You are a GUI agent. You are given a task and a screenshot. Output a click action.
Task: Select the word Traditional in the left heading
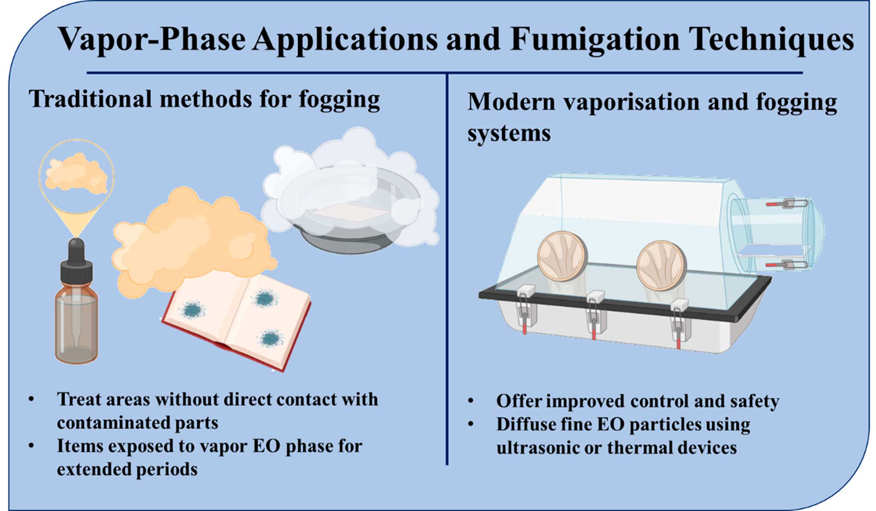coord(90,99)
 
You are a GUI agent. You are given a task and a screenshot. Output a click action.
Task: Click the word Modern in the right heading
coord(511,102)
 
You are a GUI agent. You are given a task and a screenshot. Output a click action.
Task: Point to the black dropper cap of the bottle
coord(77,261)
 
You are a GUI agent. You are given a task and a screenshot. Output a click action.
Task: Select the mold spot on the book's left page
coord(192,309)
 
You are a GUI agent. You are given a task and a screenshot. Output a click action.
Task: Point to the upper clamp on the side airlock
coord(787,204)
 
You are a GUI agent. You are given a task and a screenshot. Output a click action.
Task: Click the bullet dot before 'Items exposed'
coord(31,446)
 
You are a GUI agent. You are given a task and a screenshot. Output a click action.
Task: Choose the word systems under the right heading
coord(509,133)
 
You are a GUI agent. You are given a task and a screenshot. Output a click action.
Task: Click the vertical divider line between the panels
coord(447,269)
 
